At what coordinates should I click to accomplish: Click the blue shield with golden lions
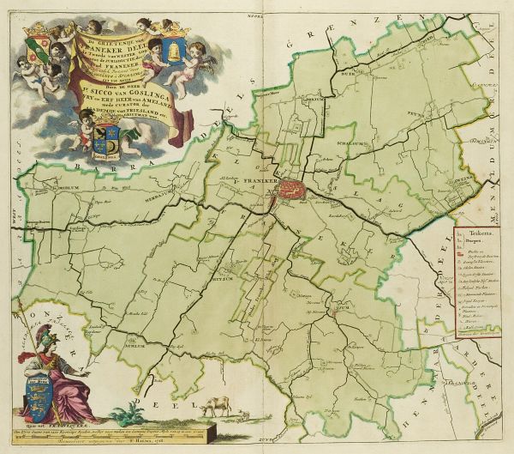pos(40,391)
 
